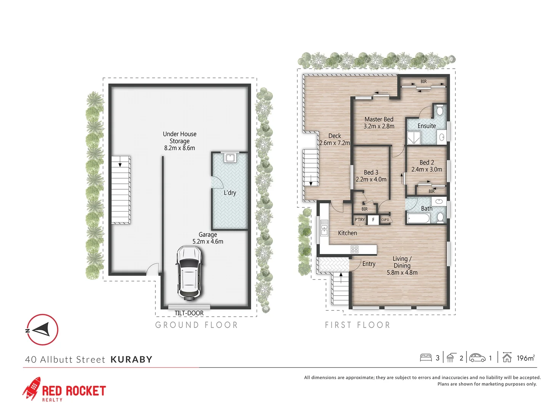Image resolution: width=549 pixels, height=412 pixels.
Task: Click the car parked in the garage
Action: (x=188, y=272)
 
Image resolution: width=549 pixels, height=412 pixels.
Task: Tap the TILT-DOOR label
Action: (x=189, y=313)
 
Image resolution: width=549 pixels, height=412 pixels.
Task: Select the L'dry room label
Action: (x=230, y=193)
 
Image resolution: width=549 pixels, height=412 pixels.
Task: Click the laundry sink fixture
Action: (x=230, y=157)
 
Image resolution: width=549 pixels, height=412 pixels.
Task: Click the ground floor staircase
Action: (x=121, y=190)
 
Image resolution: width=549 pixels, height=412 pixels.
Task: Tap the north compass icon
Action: (x=42, y=330)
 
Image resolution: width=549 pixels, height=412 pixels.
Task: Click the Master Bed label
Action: (x=379, y=119)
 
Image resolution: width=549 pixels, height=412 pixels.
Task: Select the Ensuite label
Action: (x=427, y=126)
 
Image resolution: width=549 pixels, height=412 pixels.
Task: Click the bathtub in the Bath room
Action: (x=419, y=219)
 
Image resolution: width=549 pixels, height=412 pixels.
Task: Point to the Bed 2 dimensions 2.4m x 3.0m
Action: (x=427, y=169)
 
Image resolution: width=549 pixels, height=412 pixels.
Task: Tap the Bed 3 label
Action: (x=371, y=172)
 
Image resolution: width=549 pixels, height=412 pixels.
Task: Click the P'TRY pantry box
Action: (x=360, y=220)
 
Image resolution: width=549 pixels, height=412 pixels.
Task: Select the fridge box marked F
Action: (x=373, y=220)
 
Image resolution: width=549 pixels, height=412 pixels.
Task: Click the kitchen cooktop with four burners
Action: (x=354, y=249)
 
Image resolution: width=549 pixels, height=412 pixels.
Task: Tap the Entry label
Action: (x=369, y=264)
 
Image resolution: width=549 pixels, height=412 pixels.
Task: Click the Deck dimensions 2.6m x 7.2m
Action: (x=334, y=143)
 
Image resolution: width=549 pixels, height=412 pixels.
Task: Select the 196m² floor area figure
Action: (x=525, y=358)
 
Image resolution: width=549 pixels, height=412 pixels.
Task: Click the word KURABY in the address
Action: (x=132, y=359)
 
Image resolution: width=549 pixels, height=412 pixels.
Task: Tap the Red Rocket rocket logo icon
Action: (x=31, y=388)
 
